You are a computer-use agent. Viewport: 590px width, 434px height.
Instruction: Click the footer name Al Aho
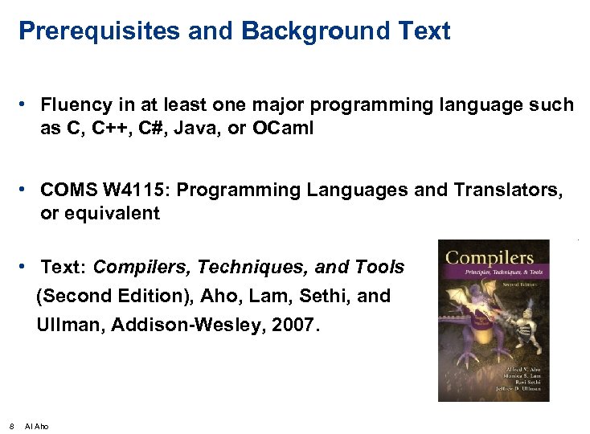[x=37, y=426]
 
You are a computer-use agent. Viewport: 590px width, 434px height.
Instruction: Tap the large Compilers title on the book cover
[x=490, y=258]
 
